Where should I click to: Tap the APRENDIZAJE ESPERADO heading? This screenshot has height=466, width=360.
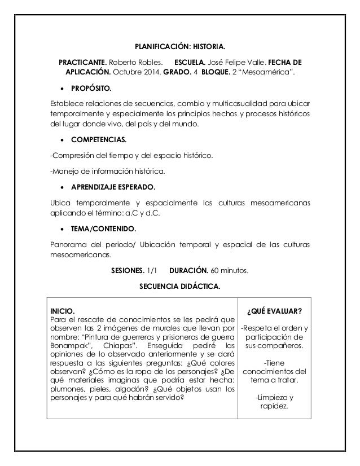pyautogui.click(x=112, y=187)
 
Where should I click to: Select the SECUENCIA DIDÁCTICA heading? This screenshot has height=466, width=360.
pyautogui.click(x=180, y=287)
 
